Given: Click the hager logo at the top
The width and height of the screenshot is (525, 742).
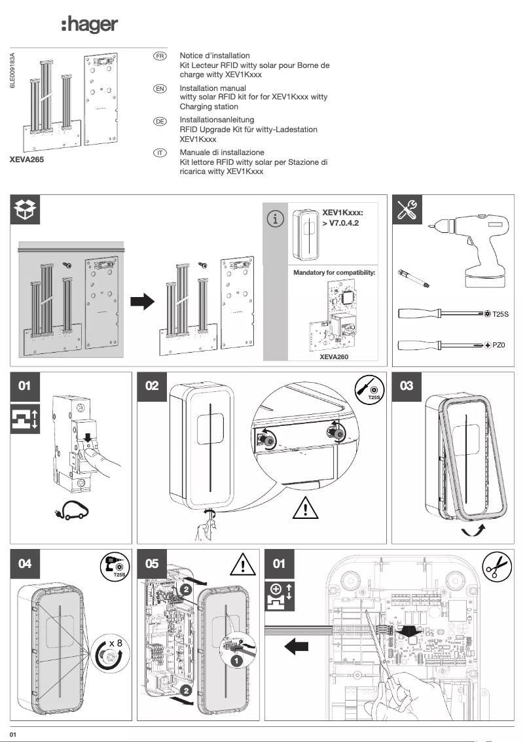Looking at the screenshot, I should (x=89, y=26).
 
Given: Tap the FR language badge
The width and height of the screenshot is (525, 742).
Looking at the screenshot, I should (x=159, y=56).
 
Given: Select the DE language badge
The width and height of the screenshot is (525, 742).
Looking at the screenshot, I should (x=159, y=121).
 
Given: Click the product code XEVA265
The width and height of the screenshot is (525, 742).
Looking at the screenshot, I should (x=27, y=159).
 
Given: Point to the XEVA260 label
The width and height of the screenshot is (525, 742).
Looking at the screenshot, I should (x=334, y=357).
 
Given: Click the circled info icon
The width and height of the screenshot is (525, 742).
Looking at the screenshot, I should (x=276, y=220).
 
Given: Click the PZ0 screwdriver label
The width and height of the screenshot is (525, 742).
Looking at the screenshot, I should (x=499, y=344).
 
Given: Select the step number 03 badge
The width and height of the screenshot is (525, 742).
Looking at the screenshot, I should (x=407, y=386).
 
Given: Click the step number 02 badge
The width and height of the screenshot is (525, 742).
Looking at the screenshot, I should (x=152, y=386).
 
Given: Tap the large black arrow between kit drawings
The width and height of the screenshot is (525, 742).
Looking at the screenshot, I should (x=141, y=302).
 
